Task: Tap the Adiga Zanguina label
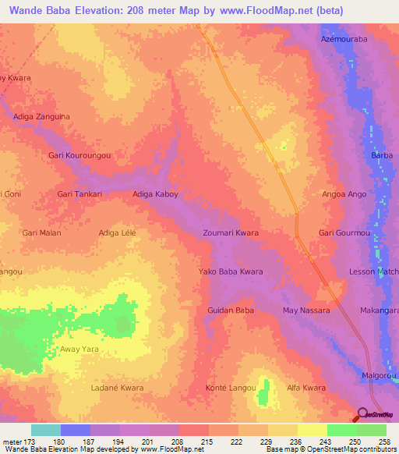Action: (42, 116)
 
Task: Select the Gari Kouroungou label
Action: (79, 155)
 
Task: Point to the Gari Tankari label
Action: (80, 193)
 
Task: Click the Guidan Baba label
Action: (231, 310)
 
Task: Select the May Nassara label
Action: (306, 310)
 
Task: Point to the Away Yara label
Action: (80, 349)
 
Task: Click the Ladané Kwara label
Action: (117, 388)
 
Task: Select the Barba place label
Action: (381, 155)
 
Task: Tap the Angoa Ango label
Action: (344, 193)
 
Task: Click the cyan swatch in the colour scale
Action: (46, 430)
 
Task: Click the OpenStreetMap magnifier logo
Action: (362, 414)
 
